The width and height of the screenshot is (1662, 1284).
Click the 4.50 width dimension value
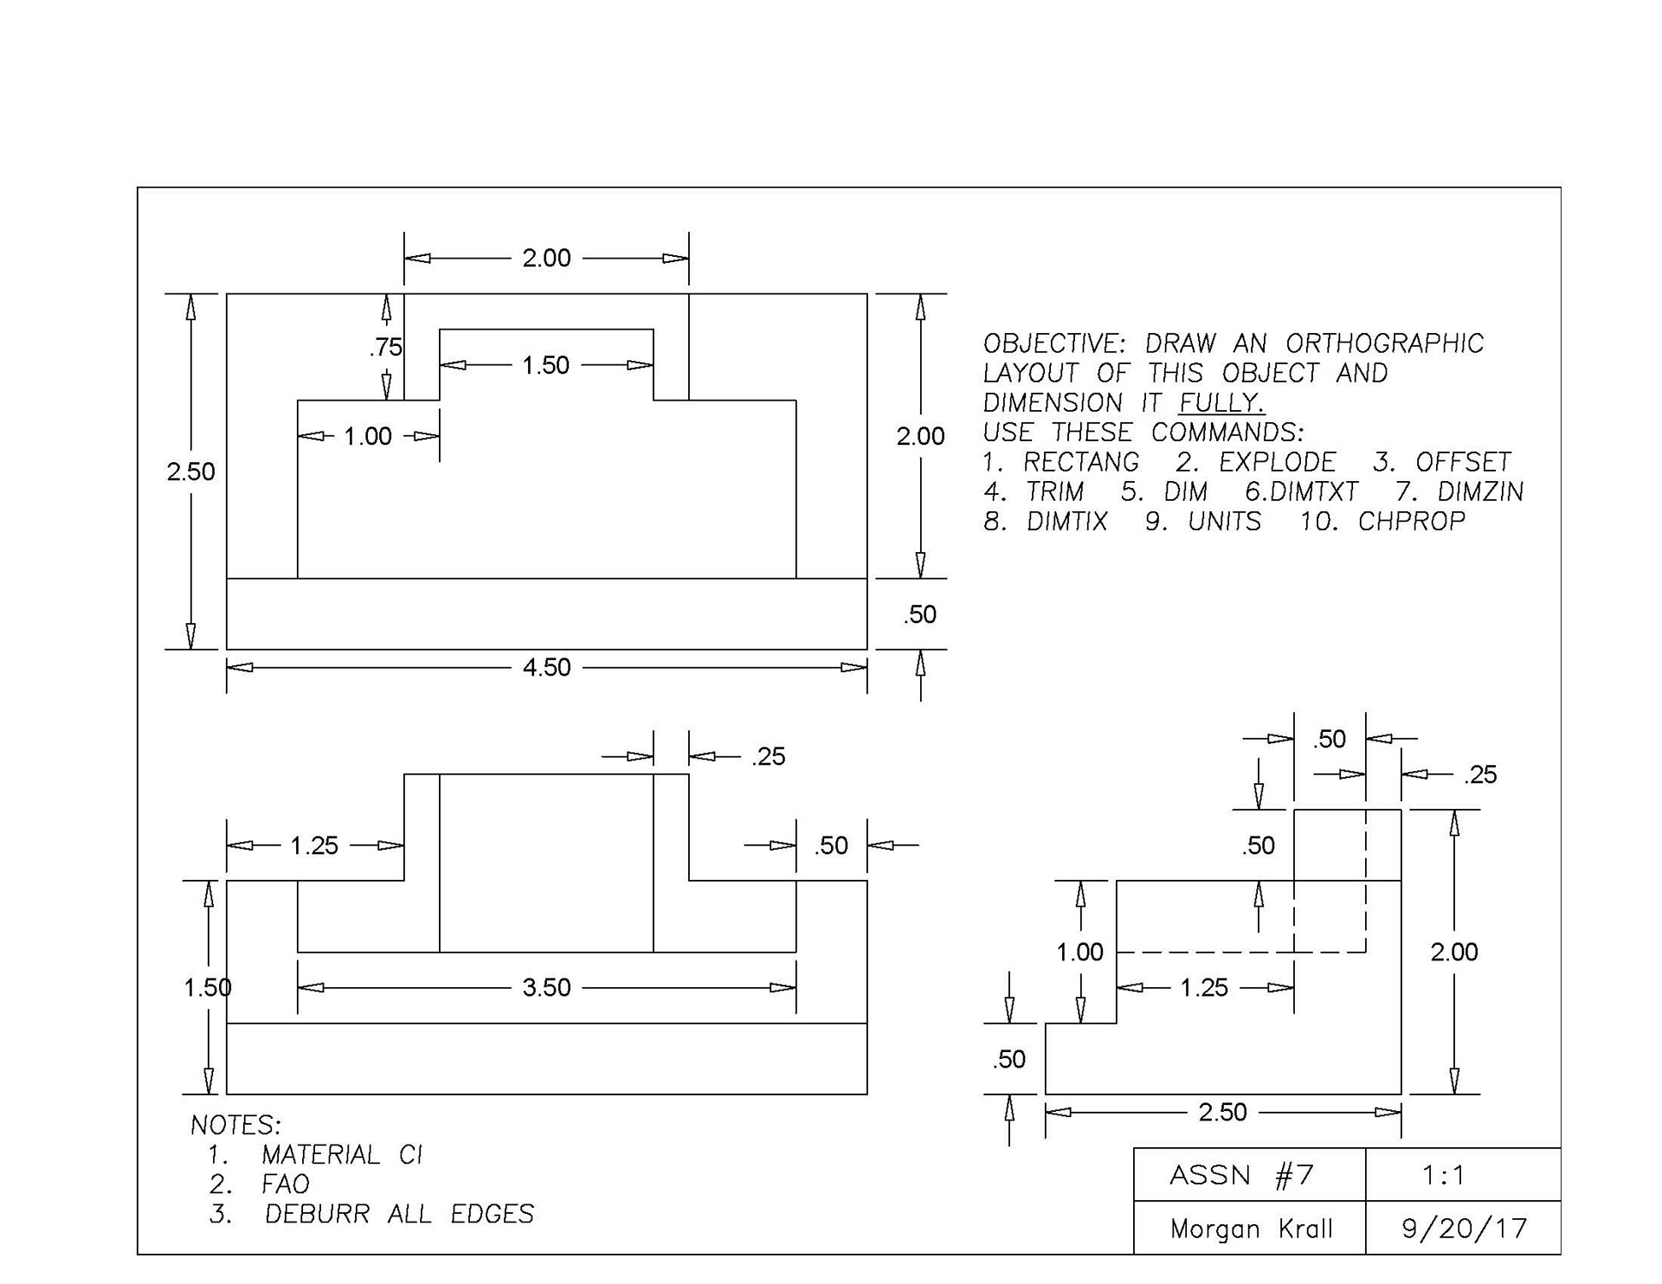click(546, 667)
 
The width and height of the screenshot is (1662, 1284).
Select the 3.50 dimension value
click(546, 987)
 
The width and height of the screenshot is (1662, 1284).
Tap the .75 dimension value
click(386, 347)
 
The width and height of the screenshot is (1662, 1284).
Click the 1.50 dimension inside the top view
click(545, 365)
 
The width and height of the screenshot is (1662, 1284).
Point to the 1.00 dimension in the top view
click(368, 436)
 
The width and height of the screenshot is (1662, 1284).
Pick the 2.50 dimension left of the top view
click(191, 472)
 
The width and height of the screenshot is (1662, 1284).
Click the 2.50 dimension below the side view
click(1222, 1112)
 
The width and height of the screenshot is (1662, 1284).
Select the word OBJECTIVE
click(1054, 343)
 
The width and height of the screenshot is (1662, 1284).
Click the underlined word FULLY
click(1221, 403)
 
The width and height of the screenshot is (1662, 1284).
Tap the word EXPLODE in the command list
click(1278, 462)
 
